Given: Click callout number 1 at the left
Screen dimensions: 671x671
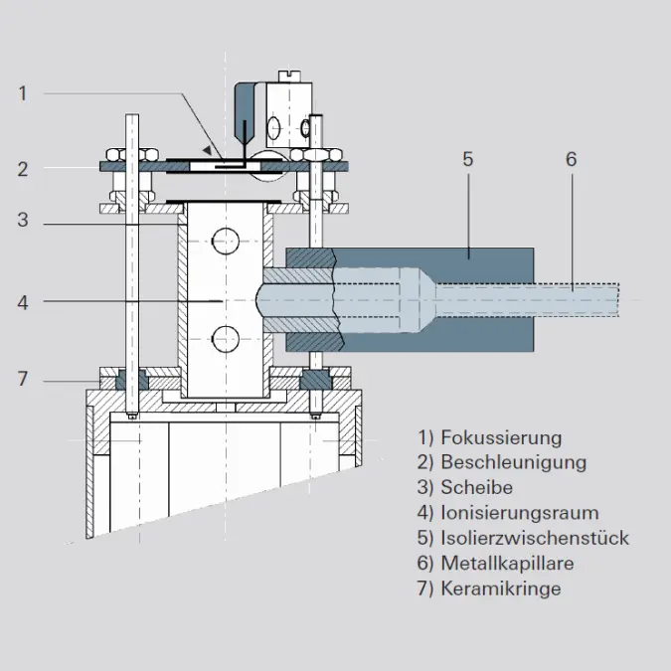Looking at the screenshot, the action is point(23,93).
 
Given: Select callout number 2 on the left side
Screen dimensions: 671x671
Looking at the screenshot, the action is point(23,169).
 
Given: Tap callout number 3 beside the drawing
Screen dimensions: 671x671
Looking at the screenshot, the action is point(23,220).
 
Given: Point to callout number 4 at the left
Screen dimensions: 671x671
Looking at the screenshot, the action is point(23,302).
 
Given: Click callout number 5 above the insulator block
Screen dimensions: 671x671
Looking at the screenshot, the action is point(468,159).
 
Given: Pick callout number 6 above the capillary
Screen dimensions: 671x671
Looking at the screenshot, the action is point(572,159).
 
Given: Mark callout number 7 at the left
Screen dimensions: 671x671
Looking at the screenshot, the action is point(23,379).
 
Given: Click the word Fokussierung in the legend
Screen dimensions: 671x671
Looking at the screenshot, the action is point(501,437).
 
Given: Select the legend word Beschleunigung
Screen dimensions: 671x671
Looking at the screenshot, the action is point(514,462).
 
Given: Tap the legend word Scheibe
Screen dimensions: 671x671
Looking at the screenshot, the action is point(477,487).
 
